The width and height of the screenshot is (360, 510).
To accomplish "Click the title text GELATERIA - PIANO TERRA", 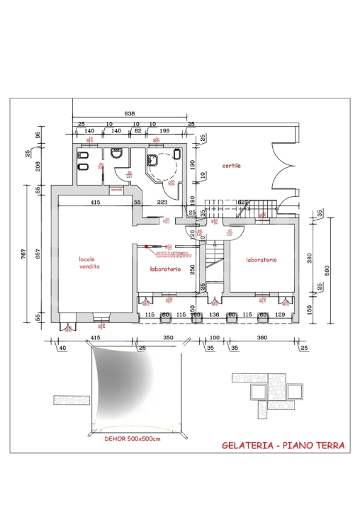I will (x=283, y=446).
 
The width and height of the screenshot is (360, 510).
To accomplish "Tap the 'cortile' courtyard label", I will (x=231, y=166).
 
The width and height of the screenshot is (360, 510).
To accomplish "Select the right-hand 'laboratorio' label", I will (x=261, y=260).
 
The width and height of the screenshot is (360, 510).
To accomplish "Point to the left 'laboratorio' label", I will (x=165, y=269).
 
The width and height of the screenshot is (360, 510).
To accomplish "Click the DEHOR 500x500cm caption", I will (x=133, y=439).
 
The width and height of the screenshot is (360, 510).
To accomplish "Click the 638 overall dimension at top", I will (x=130, y=113).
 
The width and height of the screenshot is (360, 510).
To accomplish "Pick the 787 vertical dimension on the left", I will (x=23, y=254).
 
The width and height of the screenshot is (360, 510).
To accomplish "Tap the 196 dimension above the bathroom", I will (x=164, y=131).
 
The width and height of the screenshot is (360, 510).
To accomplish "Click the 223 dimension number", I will (x=162, y=203).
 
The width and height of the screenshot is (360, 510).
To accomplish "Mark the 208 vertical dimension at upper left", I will (x=38, y=167).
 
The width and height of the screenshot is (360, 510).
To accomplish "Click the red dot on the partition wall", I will (x=147, y=246).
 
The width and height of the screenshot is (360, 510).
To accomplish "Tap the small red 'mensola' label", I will (x=116, y=190).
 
